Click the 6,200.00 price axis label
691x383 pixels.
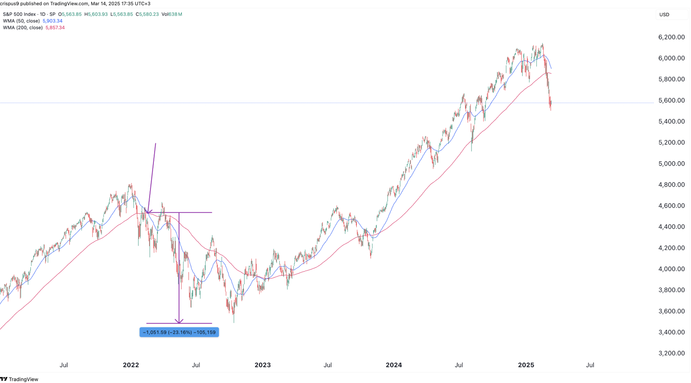[671, 37]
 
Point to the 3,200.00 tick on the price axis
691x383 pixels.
[671, 353]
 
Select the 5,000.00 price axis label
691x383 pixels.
[671, 163]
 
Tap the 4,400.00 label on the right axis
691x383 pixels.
[671, 227]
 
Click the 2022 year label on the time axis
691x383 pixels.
[131, 365]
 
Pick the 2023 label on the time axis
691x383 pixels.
[263, 365]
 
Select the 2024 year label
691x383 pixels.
[394, 365]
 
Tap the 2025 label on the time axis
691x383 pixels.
[526, 365]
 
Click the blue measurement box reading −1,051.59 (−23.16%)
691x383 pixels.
[179, 332]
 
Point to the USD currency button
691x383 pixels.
[664, 15]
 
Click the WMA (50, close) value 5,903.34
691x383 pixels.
[53, 21]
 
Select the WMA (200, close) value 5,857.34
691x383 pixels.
[55, 28]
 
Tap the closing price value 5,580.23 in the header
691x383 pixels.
[149, 14]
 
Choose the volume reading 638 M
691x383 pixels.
[175, 14]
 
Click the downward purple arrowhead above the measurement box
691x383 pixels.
[179, 321]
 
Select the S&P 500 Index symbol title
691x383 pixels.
[19, 14]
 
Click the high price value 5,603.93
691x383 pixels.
[98, 14]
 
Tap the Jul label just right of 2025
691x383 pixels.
[590, 365]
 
